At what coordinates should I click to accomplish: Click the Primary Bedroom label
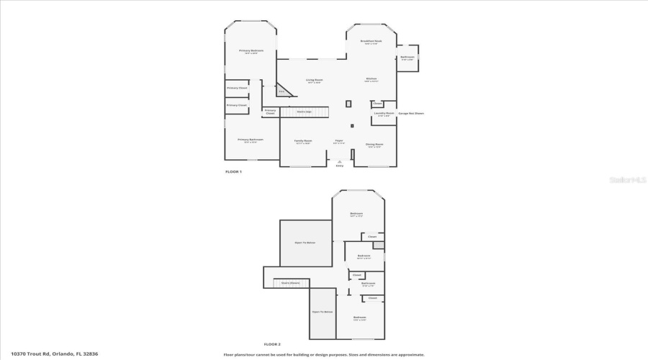click(x=251, y=50)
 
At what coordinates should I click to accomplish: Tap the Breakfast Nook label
click(x=372, y=42)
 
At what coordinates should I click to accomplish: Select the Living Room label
click(x=314, y=80)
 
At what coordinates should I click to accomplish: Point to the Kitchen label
click(x=372, y=80)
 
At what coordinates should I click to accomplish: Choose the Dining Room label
click(x=374, y=145)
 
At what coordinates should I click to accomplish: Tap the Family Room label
click(x=303, y=141)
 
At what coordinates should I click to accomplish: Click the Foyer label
click(x=339, y=141)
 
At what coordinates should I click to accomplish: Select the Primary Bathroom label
click(x=251, y=140)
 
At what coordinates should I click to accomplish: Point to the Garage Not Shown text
click(x=411, y=114)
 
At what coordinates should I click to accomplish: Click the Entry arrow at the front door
click(x=340, y=162)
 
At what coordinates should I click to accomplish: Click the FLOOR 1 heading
click(x=234, y=172)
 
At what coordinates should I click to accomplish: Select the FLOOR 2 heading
click(x=272, y=344)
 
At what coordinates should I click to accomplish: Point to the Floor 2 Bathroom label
click(x=367, y=284)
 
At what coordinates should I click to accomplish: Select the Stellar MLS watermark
click(x=629, y=180)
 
